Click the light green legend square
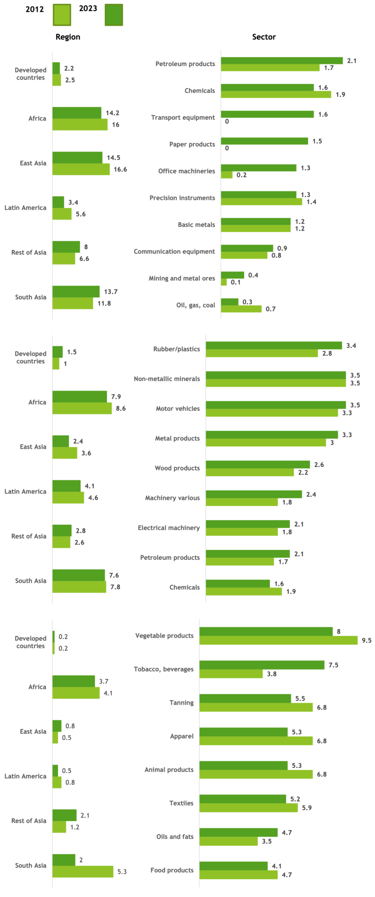pos(62,15)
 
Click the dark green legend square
pos(114,15)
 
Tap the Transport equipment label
pos(183,117)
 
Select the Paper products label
pos(192,144)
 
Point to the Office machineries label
pos(186,171)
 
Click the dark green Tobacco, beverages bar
pos(262,665)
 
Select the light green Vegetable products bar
pos(279,641)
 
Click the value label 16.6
pos(120,170)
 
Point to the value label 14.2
pos(113,113)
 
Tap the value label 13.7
pos(111,292)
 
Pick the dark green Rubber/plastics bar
pos(274,346)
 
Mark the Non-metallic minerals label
pos(167,378)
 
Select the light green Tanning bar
pos(256,707)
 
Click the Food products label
pos(172,870)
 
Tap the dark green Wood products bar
pos(258,465)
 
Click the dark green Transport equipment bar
pos(267,114)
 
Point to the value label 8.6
pos(120,408)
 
